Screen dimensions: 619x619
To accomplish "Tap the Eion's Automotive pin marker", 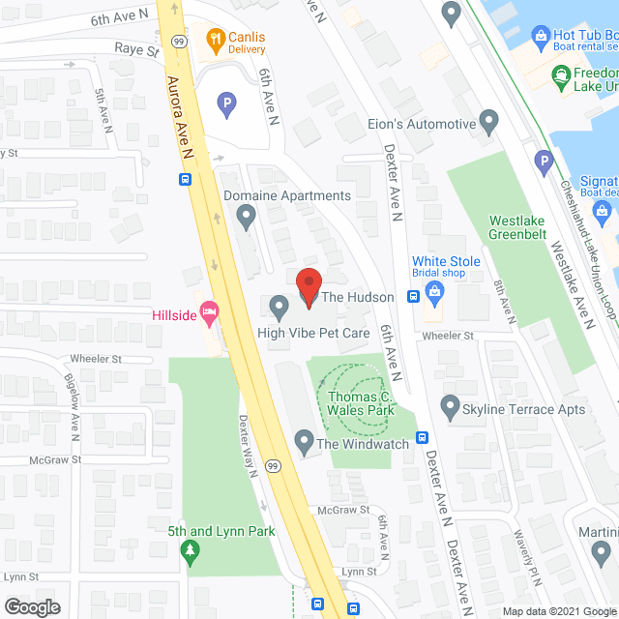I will point(489,124).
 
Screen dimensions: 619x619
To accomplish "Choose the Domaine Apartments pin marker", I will point(247,218).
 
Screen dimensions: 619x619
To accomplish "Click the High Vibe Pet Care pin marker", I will point(279,309).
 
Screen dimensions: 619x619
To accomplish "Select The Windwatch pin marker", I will point(304,444).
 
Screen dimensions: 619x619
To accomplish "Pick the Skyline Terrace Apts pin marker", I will point(450,407).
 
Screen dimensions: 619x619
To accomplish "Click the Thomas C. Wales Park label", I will point(361,403).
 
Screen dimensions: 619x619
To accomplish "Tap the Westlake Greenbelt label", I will point(517,226).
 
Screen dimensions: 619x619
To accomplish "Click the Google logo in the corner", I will point(31,607).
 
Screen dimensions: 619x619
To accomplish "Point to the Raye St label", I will point(136,47).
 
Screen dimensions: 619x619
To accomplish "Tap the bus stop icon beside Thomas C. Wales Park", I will point(423,437).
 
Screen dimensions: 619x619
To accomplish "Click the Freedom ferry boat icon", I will point(560,76).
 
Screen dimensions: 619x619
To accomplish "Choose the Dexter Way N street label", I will point(250,445).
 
